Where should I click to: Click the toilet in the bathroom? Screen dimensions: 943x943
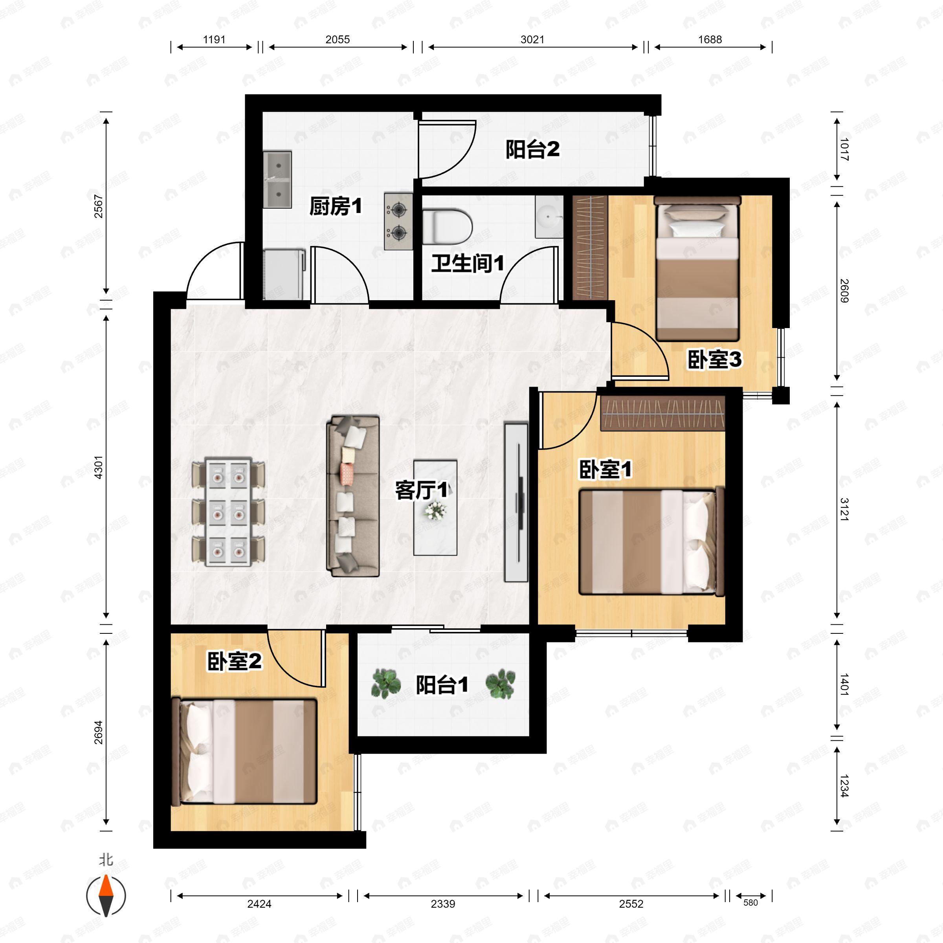pos(447,227)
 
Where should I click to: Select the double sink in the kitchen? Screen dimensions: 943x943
pos(277,180)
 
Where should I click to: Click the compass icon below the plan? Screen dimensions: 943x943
pos(106,896)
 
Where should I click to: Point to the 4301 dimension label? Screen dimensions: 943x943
pos(99,467)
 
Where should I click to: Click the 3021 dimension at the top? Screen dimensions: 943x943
pos(532,40)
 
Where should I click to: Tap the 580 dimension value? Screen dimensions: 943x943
pos(751,903)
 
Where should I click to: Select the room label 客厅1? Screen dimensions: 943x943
pos(421,490)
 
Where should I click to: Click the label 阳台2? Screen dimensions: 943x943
pos(532,149)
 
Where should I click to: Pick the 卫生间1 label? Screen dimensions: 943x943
pos(467,264)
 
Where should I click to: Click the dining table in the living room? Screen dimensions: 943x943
pos(228,512)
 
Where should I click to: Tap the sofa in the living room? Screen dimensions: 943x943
pos(353,496)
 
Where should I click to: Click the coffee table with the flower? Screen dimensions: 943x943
pos(435,508)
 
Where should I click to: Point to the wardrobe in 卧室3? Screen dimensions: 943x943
pos(590,247)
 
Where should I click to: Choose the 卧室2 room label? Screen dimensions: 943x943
pos(234,662)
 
